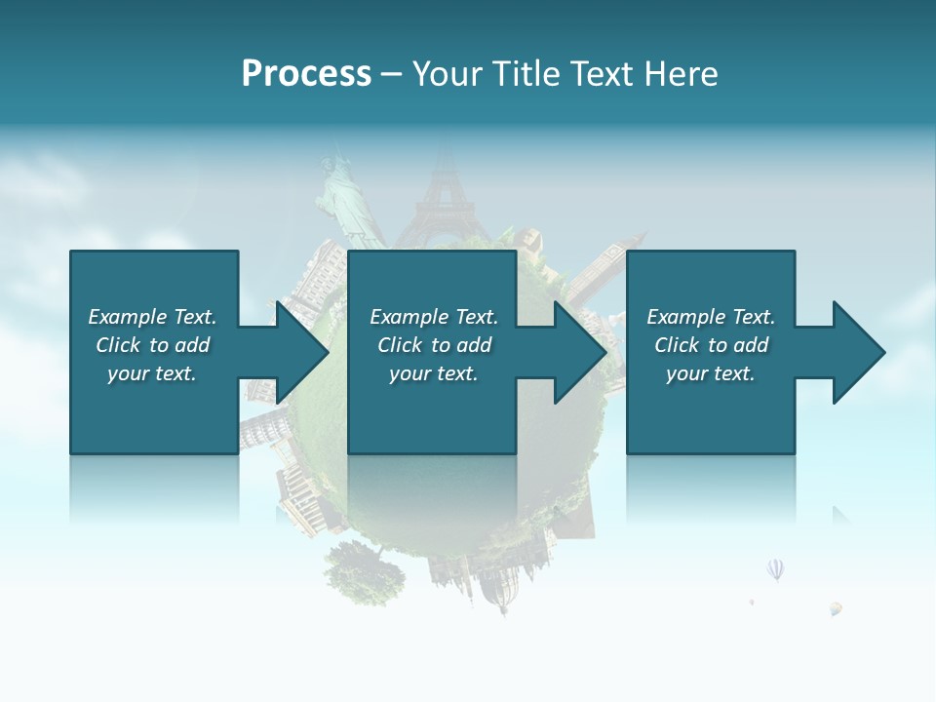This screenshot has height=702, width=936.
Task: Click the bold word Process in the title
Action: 306,74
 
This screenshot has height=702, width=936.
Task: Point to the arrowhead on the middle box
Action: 579,352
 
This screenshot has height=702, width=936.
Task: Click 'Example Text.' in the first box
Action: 152,317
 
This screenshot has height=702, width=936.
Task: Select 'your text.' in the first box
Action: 152,373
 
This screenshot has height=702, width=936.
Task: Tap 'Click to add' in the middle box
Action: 434,345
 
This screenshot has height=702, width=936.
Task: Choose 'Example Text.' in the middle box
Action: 434,317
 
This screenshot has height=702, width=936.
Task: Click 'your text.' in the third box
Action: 711,373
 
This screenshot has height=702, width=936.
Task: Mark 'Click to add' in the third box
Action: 711,345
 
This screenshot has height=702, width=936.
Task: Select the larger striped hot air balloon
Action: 775,568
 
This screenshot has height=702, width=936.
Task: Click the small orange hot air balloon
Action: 836,608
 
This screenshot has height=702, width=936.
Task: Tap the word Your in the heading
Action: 448,74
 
